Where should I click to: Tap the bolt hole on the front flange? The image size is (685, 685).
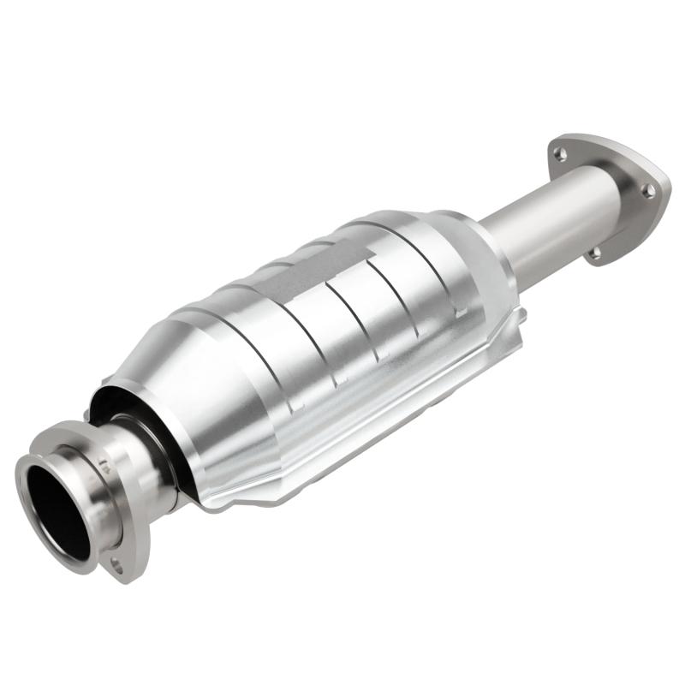pyautogui.click(x=116, y=565)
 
